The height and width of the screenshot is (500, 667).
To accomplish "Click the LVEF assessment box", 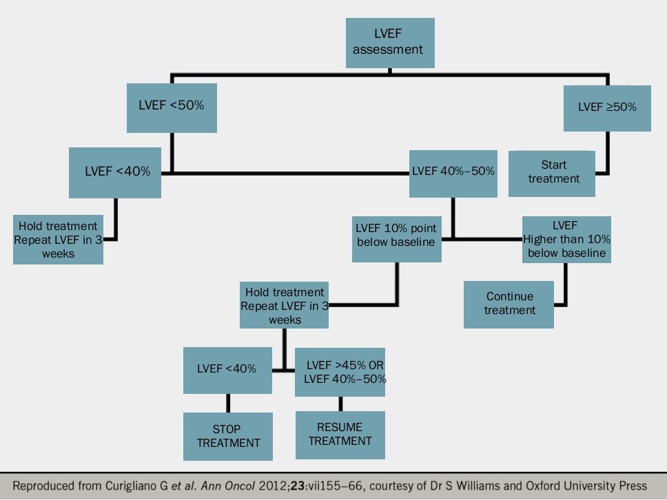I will click(390, 43).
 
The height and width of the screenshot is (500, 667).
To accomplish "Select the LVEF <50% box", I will click(172, 107).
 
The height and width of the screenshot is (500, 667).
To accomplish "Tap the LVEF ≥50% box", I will click(606, 107).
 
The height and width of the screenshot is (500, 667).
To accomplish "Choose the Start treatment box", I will click(553, 171).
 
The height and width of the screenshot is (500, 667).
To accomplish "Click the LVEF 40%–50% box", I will click(452, 171).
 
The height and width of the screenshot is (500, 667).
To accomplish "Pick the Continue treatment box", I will click(509, 304).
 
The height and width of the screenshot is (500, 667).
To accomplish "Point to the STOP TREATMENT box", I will click(227, 436).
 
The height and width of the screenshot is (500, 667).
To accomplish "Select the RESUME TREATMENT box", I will click(340, 435).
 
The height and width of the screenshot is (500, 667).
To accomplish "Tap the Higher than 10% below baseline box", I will click(566, 239).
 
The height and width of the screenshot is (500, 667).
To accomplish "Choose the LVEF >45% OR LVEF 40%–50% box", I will click(340, 372).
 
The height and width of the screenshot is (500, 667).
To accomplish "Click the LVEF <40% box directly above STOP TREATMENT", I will click(227, 370).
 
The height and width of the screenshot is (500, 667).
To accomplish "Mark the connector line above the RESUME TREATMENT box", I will click(340, 404).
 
